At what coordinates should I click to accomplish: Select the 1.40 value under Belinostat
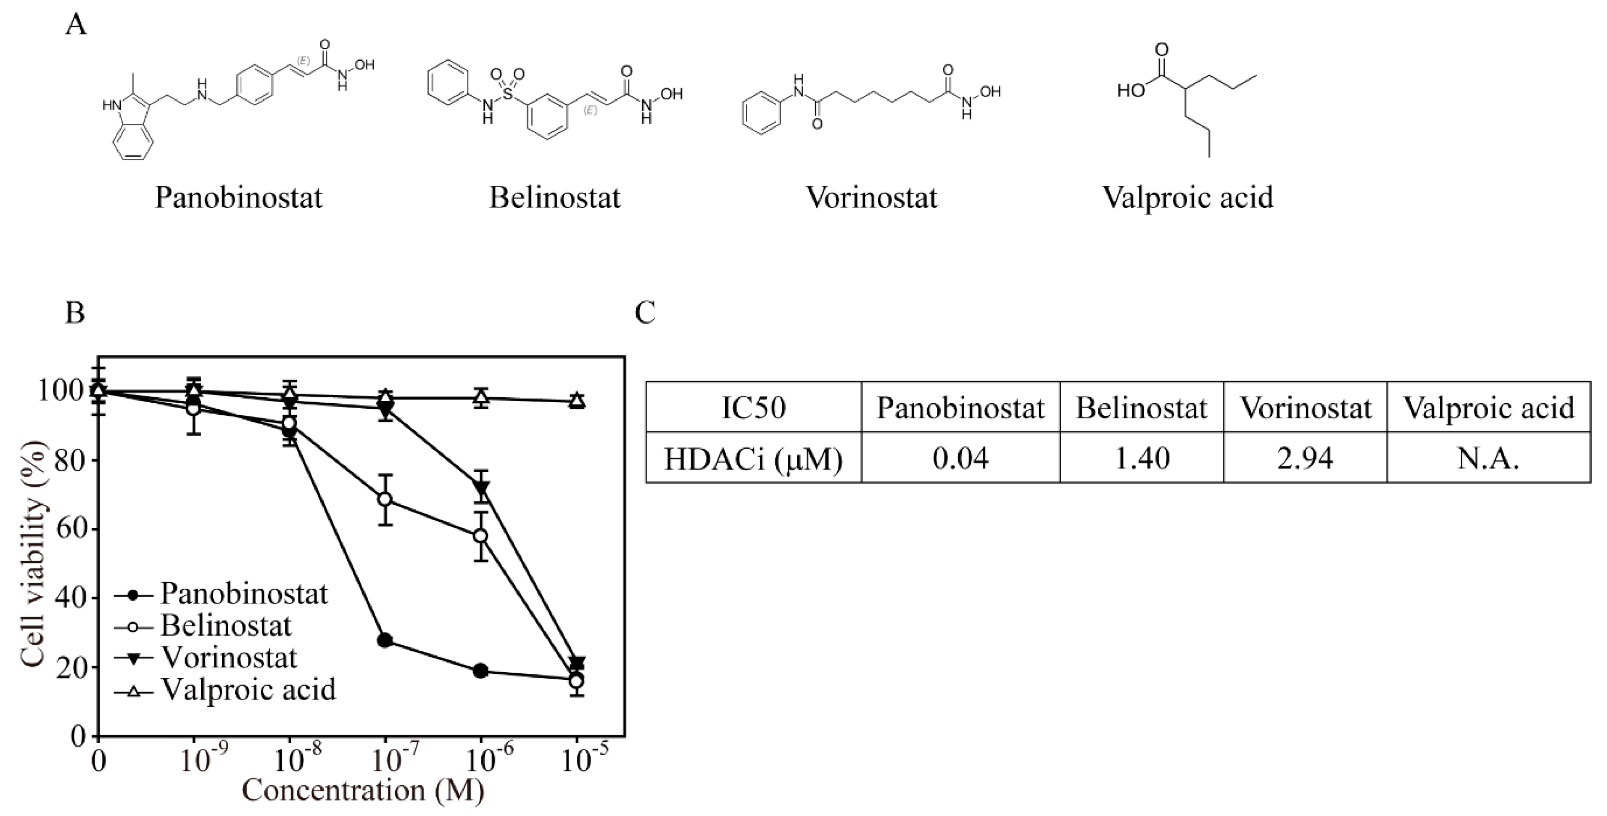1141,459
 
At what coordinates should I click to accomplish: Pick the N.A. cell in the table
1488,459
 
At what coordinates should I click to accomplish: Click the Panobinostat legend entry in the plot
243,593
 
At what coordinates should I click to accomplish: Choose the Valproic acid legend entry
247,689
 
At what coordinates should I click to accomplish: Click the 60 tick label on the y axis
70,530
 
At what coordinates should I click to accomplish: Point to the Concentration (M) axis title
363,790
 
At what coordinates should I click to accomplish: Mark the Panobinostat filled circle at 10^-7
385,640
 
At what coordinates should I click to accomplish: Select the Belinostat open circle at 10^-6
480,536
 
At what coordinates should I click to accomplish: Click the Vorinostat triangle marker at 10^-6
481,487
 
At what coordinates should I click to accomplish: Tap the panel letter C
645,313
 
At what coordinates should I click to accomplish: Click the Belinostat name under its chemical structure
555,198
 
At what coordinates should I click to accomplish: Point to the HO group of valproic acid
1131,91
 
